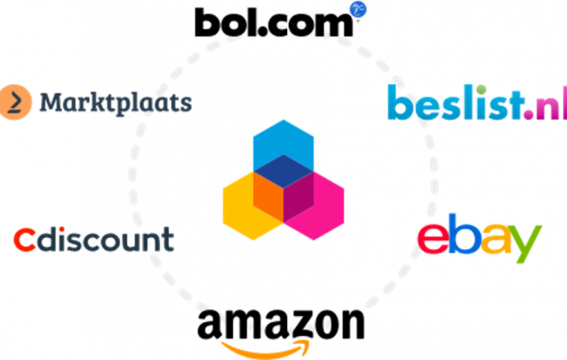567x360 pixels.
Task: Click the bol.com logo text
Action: [274, 22]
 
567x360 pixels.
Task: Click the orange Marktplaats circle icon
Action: [14, 102]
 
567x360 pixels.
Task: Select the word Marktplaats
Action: [115, 103]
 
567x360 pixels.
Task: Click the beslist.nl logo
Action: [477, 103]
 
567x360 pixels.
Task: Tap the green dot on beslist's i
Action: [481, 90]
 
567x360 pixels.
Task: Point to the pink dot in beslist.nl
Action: [528, 114]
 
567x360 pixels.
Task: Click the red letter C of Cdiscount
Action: [24, 240]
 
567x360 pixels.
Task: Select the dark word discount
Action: [105, 238]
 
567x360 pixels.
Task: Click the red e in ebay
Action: [433, 238]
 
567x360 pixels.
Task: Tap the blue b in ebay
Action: [463, 233]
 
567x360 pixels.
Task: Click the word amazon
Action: [281, 324]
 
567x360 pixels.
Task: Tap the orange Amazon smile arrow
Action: [265, 349]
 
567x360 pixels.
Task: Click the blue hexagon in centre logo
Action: [283, 145]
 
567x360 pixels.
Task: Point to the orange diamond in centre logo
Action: [268, 197]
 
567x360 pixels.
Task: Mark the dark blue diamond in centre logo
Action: [283, 171]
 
